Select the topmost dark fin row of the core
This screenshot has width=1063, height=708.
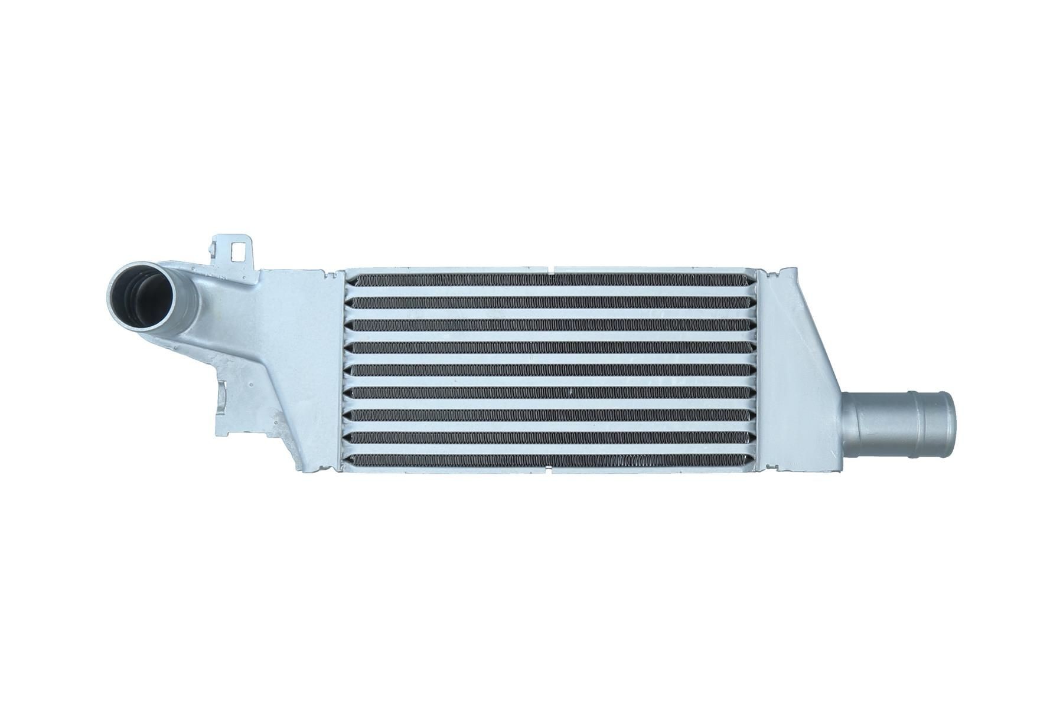(x=549, y=280)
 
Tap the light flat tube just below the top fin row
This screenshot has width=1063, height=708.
(x=549, y=291)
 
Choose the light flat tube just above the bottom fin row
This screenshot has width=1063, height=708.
(x=549, y=448)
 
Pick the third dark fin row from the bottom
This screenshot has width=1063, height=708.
(x=549, y=414)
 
